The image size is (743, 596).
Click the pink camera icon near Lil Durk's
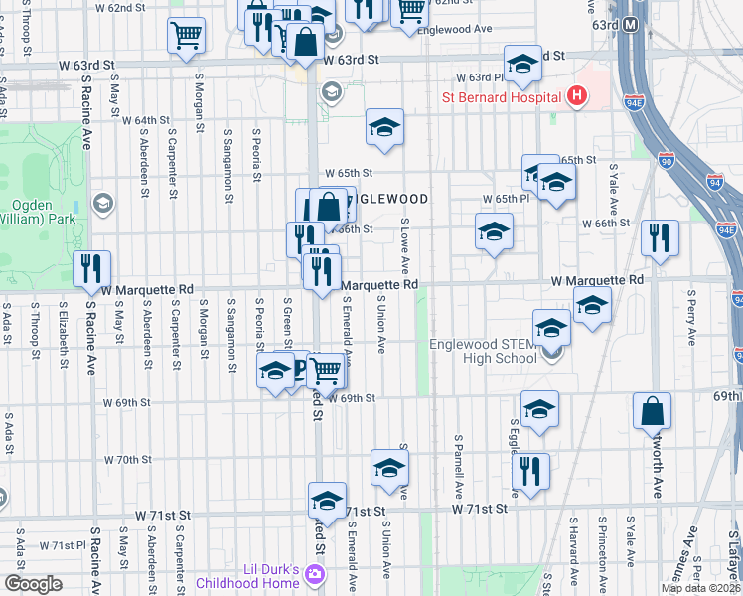pyautogui.click(x=316, y=574)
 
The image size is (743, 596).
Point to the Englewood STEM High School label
pyautogui.click(x=483, y=352)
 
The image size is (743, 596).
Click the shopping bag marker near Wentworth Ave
pyautogui.click(x=652, y=409)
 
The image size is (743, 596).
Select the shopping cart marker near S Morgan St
pyautogui.click(x=186, y=36)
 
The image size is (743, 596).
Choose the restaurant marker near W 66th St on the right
pyautogui.click(x=660, y=237)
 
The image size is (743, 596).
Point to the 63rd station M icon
pyautogui.click(x=629, y=24)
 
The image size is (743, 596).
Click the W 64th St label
pyautogui.click(x=146, y=120)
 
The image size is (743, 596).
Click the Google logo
pyautogui.click(x=33, y=584)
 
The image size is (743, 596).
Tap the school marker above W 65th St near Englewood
pyautogui.click(x=384, y=127)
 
